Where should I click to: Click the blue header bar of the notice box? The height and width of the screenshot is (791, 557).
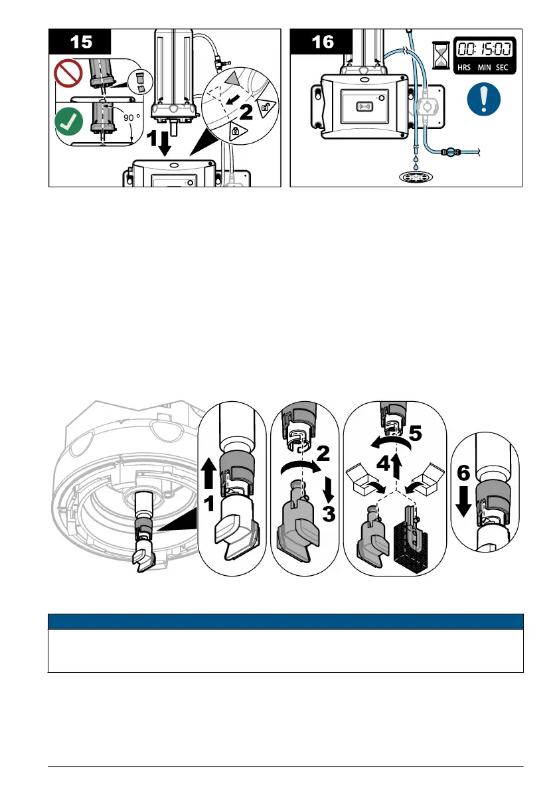[286, 622]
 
